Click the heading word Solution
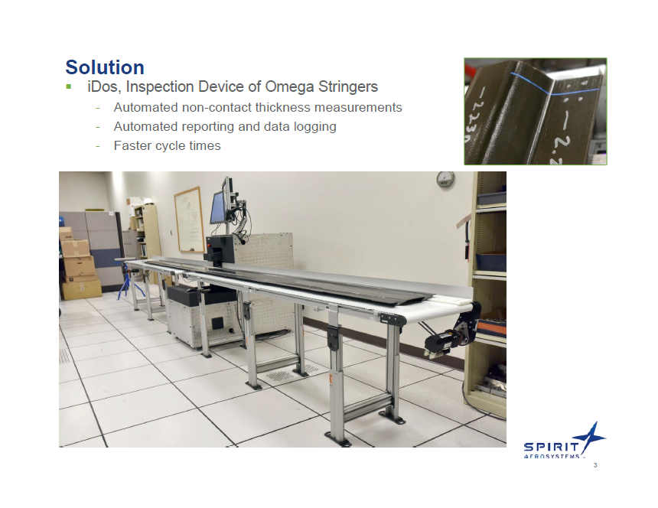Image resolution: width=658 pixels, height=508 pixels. pyautogui.click(x=104, y=67)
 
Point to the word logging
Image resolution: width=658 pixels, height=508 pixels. pyautogui.click(x=314, y=127)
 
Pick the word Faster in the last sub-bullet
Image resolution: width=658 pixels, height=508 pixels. pyautogui.click(x=132, y=145)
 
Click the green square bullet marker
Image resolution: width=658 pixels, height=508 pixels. pyautogui.click(x=68, y=86)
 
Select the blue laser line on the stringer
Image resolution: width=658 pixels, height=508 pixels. pyautogui.click(x=536, y=83)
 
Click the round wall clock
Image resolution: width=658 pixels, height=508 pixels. pyautogui.click(x=445, y=179)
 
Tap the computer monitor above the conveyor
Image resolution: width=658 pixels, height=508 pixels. pyautogui.click(x=218, y=205)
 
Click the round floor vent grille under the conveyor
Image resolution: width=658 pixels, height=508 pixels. pyautogui.click(x=283, y=375)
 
